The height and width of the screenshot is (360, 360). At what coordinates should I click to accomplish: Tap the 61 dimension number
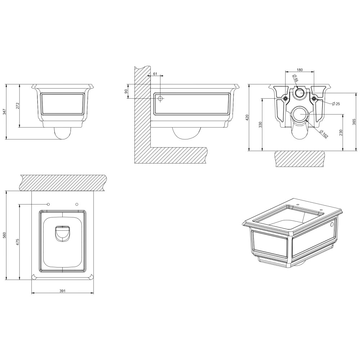coord(155,74)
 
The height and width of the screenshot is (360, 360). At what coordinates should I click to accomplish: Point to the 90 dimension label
coord(126,91)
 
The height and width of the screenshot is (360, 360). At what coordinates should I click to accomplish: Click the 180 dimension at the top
coord(300,70)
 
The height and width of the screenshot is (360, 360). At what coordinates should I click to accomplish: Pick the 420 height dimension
coord(247,118)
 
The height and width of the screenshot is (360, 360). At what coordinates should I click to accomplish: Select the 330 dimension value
coord(260,125)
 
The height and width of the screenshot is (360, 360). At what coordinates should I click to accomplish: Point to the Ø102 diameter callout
coord(324,134)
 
